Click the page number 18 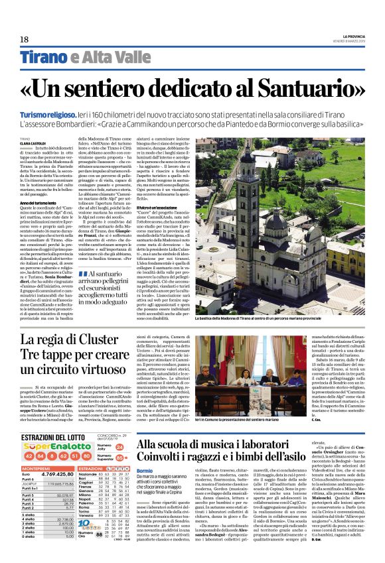coord(24,40)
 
